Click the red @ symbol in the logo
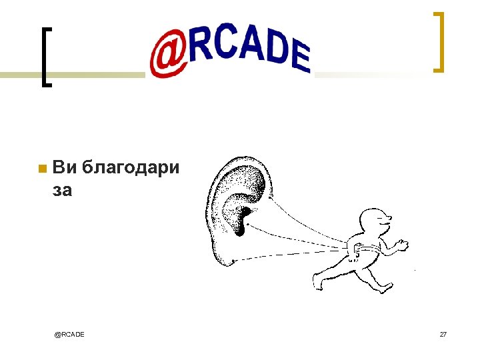tap(168, 56)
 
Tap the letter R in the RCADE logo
tap(203, 45)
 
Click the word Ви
tap(64, 167)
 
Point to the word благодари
tap(131, 168)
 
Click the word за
tap(62, 191)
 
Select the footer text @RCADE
tap(70, 333)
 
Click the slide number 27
tap(443, 333)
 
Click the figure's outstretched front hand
tap(401, 244)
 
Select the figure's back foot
tap(319, 281)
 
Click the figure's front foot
tap(385, 287)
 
